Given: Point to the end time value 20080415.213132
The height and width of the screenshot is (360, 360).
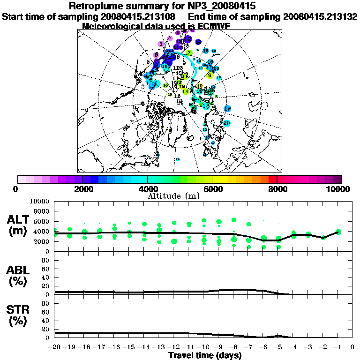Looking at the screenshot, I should [320, 16].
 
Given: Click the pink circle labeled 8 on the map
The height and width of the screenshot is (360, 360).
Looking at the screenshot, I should [161, 45].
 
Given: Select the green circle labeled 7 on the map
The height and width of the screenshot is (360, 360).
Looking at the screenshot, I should [189, 52].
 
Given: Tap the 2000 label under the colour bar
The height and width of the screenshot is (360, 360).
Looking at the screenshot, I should [82, 189].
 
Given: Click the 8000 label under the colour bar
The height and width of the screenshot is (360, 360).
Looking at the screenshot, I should [277, 189].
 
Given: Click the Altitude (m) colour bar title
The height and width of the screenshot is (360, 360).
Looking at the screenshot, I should [174, 195].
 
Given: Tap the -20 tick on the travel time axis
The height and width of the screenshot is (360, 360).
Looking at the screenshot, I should [54, 348].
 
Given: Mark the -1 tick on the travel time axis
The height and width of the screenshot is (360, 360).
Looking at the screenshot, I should [337, 348].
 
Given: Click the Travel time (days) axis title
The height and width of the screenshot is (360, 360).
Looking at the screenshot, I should [205, 355].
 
